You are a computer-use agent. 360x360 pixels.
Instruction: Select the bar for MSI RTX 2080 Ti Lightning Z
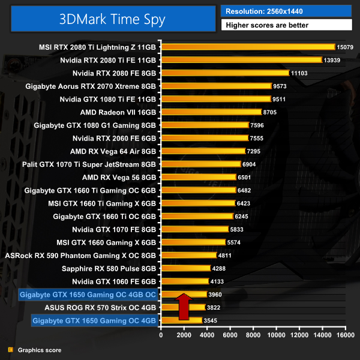[247, 47]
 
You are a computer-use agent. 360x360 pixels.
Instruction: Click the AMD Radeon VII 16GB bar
[211, 112]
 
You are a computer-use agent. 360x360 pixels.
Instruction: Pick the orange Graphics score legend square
[10, 350]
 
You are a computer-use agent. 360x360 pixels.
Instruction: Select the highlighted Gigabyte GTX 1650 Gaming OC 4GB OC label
[88, 295]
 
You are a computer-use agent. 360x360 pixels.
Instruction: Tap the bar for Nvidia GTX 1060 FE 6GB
[184, 281]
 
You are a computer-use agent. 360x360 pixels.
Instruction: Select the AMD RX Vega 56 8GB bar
[198, 177]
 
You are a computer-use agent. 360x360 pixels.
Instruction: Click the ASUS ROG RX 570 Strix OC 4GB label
[100, 308]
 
